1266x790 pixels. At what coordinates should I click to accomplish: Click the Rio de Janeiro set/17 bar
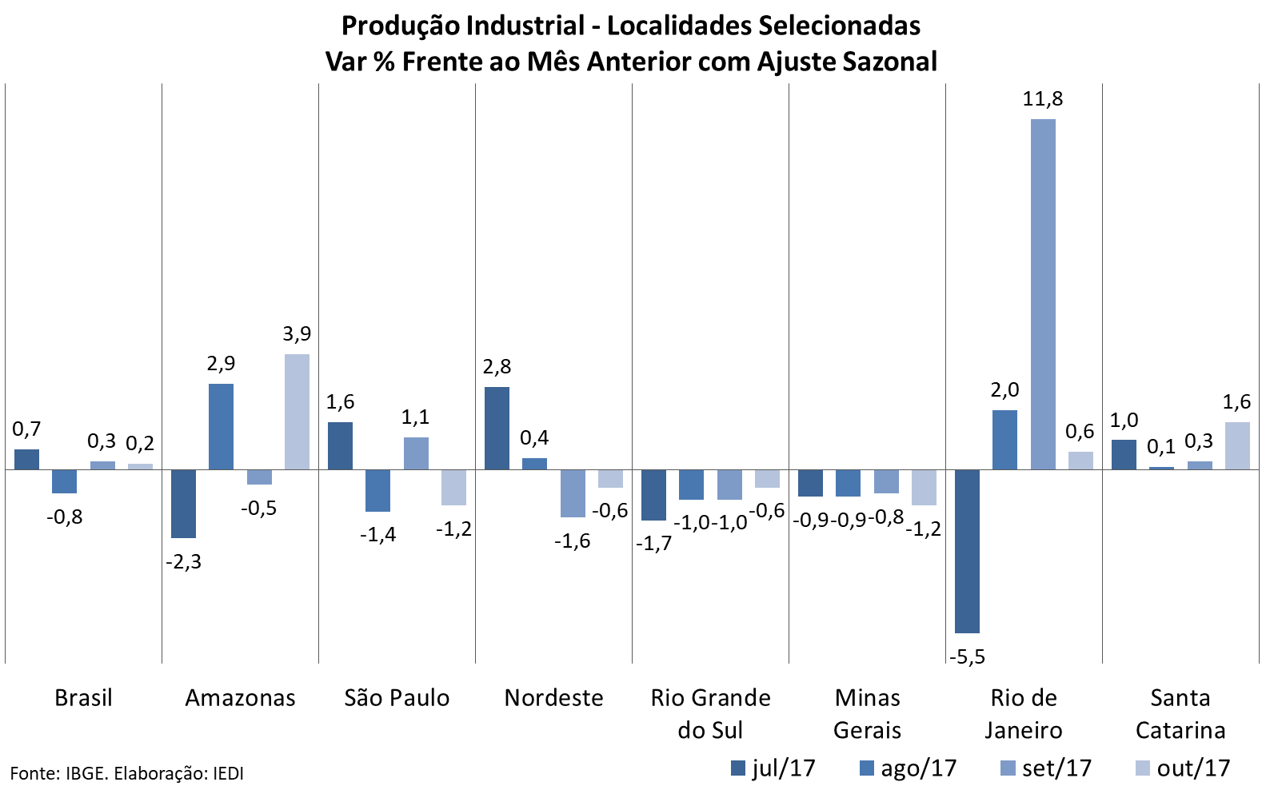pos(1043,294)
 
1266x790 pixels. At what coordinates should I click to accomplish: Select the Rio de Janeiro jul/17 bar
pos(967,551)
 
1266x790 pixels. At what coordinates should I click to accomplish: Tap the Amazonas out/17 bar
pos(297,412)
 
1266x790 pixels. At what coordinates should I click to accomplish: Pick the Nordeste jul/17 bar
pos(497,429)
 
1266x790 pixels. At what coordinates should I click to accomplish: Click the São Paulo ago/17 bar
pos(378,490)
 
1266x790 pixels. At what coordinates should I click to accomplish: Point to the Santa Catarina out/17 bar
pos(1236,445)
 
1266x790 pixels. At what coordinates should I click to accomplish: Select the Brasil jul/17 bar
pos(26,460)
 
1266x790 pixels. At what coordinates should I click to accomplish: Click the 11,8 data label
pos(1043,99)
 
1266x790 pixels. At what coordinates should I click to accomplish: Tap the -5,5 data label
pos(967,657)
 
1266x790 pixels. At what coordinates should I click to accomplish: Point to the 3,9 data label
pos(297,334)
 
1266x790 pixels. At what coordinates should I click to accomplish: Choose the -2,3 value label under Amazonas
pos(183,562)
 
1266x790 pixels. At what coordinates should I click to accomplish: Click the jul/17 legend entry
pos(773,768)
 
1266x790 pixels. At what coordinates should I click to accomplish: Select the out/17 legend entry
pos(1183,768)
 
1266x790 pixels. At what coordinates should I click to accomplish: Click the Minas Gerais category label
pos(867,713)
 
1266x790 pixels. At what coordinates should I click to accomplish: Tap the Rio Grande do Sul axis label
pos(710,713)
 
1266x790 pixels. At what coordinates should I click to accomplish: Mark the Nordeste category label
pos(553,698)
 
